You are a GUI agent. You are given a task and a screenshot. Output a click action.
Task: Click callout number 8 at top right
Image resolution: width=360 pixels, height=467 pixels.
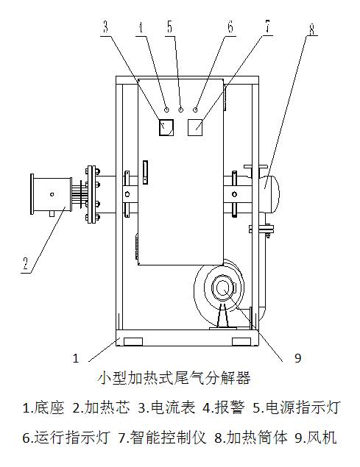(311, 29)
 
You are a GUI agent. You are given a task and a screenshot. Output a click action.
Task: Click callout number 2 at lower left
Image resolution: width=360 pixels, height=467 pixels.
(26, 263)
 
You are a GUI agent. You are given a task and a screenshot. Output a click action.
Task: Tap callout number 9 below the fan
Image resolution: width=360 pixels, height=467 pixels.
(297, 358)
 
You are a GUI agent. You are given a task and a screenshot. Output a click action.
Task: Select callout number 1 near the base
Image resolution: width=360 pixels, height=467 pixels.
(76, 358)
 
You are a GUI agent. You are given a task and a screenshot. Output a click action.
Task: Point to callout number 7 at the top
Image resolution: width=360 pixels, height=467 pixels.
(267, 26)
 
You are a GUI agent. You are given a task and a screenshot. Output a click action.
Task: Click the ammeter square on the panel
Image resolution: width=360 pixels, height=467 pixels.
(166, 127)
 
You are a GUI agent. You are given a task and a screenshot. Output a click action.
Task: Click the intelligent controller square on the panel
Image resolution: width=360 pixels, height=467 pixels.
(195, 127)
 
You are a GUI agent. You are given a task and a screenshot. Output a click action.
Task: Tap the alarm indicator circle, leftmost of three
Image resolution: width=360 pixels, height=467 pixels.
(166, 110)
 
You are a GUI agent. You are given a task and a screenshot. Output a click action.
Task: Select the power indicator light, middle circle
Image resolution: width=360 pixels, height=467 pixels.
(181, 110)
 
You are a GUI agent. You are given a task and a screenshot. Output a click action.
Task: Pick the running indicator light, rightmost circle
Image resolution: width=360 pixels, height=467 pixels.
(195, 110)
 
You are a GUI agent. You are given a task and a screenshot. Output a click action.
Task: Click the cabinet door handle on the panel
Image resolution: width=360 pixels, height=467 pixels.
(145, 172)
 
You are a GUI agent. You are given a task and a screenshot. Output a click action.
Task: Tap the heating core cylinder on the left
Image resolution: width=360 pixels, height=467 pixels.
(51, 194)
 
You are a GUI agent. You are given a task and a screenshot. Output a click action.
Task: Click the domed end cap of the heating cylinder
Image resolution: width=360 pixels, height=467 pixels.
(269, 194)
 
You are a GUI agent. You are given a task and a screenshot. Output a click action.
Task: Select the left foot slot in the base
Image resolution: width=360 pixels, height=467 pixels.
(133, 341)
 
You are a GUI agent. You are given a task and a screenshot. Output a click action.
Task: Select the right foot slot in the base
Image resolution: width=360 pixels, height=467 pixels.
(241, 341)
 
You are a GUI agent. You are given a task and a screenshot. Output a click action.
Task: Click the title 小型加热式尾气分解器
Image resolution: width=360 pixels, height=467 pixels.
(174, 378)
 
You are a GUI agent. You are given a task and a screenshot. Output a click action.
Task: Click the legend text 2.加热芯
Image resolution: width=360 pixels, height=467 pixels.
(101, 407)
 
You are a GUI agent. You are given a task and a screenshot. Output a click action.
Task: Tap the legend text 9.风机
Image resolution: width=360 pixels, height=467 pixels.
(316, 438)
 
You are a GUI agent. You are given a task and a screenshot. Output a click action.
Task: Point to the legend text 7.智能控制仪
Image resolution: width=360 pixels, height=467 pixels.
(163, 438)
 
